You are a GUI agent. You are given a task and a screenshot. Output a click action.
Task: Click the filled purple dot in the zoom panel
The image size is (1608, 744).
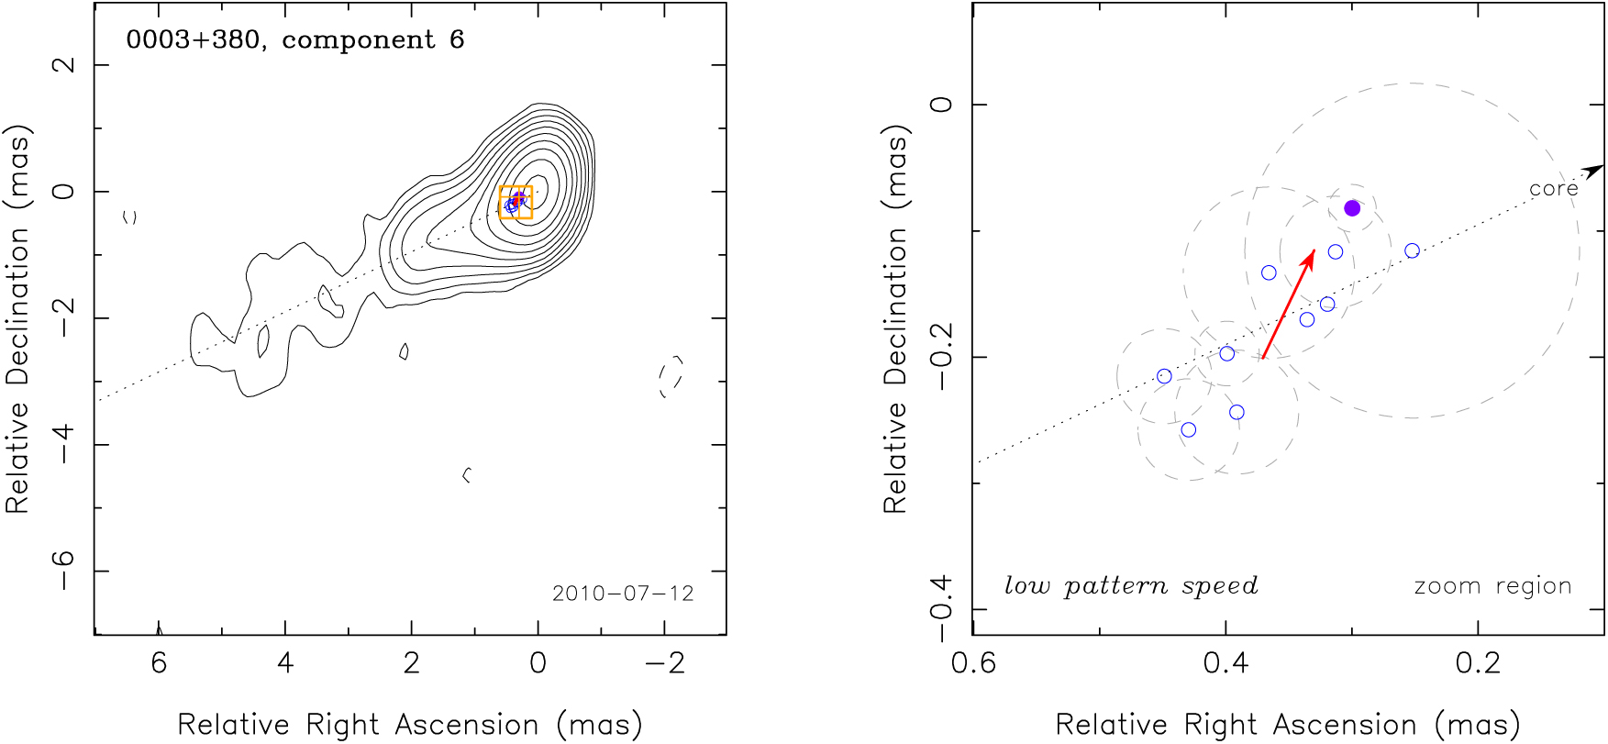click(x=1352, y=208)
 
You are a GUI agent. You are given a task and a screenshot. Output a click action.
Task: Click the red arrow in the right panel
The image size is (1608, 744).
click(x=1289, y=304)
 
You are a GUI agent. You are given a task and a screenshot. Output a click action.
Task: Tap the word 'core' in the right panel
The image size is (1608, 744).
click(x=1554, y=189)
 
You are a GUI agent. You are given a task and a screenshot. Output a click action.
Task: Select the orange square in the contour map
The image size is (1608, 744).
click(x=516, y=202)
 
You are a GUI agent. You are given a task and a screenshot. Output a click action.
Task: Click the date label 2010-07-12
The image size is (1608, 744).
click(x=623, y=594)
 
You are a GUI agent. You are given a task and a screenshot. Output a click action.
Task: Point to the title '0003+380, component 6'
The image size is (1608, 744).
click(x=295, y=40)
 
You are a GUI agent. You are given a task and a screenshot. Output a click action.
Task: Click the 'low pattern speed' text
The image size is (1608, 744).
click(x=1131, y=586)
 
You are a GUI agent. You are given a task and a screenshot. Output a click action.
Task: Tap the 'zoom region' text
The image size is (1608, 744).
click(x=1492, y=586)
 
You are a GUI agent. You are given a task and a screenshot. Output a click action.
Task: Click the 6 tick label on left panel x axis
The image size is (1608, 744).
click(x=159, y=662)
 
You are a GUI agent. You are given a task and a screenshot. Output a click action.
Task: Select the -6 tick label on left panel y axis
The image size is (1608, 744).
click(x=65, y=570)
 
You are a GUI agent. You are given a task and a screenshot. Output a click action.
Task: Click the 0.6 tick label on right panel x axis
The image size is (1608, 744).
click(x=973, y=662)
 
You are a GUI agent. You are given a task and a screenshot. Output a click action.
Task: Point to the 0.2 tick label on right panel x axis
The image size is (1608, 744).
click(x=1478, y=662)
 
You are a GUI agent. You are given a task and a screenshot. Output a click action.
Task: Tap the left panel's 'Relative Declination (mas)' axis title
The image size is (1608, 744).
click(x=18, y=317)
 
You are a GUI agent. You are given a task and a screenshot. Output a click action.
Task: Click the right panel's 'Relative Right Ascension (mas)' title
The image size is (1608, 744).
click(x=1288, y=725)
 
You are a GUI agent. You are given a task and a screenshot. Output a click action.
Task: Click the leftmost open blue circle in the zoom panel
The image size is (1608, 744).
click(x=1164, y=376)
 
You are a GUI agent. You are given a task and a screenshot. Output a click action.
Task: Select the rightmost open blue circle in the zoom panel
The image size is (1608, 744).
click(x=1412, y=250)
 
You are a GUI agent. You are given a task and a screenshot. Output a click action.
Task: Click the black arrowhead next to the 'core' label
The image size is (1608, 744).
click(x=1595, y=171)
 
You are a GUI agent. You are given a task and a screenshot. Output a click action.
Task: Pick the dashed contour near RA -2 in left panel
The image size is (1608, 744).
click(x=671, y=376)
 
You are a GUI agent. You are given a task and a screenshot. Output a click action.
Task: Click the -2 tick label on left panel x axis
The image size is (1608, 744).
click(x=665, y=662)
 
